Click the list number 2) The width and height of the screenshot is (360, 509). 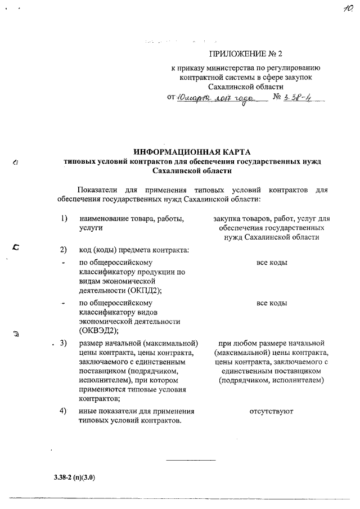[x=64, y=249]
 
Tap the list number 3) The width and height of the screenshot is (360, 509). [x=64, y=343]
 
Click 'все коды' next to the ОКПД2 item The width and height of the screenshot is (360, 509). [x=271, y=263]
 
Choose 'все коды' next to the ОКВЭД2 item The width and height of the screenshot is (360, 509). [x=271, y=303]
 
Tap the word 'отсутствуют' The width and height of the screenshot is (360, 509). [x=271, y=411]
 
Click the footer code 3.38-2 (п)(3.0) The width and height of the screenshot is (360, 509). [x=74, y=478]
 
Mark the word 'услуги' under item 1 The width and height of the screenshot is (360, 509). [x=91, y=227]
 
